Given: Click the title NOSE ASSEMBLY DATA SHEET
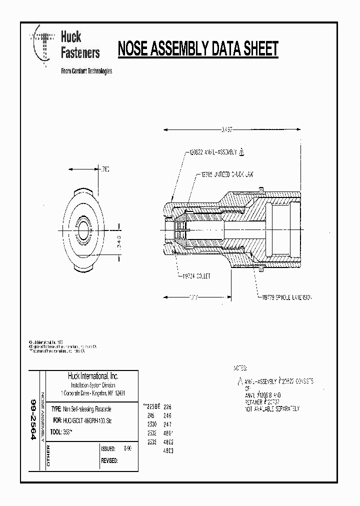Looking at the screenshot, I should (197, 49).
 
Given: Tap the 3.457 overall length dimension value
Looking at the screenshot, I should (227, 129).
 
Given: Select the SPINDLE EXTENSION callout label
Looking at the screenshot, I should (284, 297).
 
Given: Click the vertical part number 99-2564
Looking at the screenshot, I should (34, 419).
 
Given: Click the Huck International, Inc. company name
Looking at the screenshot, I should (93, 376).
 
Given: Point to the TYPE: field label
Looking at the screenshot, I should (56, 409).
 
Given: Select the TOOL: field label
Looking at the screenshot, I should (55, 431).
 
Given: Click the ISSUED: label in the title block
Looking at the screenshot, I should (108, 449).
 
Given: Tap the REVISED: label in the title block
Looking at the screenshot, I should (109, 460).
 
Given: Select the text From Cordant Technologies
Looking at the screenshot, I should (86, 71).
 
